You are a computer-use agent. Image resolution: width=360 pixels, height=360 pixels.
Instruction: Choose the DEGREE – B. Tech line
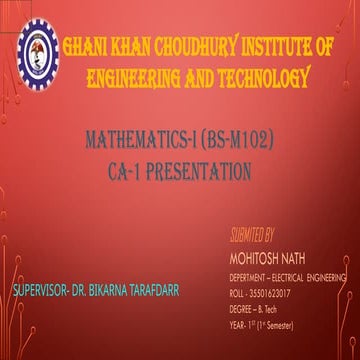point(258,299)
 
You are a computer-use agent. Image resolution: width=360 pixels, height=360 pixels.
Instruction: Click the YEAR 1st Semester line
point(265,313)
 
